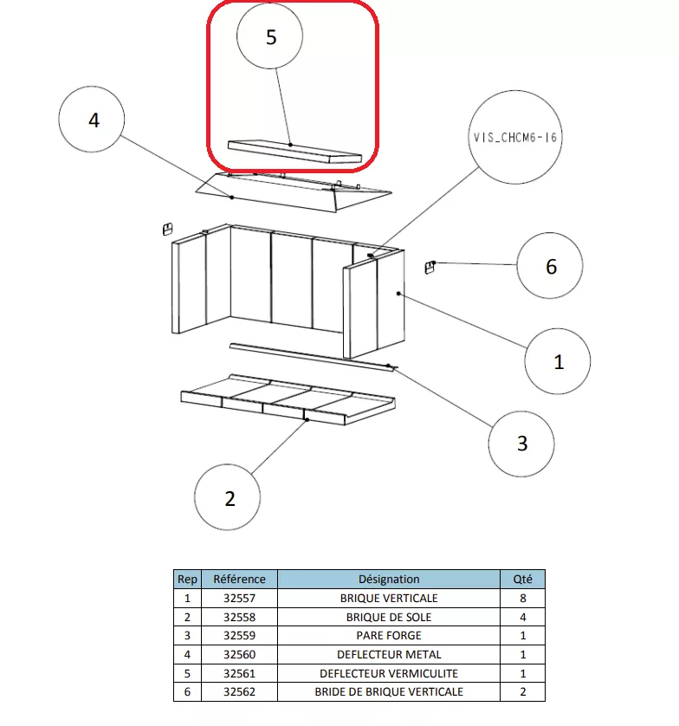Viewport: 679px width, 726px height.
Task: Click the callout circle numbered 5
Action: (270, 38)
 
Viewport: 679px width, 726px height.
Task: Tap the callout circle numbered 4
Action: (93, 120)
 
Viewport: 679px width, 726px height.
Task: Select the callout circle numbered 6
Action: (550, 267)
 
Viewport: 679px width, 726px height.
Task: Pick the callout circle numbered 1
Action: (558, 361)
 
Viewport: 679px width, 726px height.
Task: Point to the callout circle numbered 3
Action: (521, 444)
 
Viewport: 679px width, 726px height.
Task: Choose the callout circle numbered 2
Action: (229, 498)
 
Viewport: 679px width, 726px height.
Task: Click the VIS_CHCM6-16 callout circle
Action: (514, 137)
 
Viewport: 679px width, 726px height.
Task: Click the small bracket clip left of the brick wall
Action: (165, 229)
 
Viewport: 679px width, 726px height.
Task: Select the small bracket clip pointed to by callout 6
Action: (429, 267)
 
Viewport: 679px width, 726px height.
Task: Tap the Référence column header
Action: (239, 579)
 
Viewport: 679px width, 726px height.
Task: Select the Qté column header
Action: (523, 579)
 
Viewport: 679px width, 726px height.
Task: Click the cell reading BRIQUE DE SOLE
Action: (389, 617)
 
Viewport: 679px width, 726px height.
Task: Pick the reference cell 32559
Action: (239, 636)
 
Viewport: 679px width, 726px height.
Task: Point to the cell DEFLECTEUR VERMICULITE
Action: (389, 673)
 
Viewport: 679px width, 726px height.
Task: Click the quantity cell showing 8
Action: (523, 598)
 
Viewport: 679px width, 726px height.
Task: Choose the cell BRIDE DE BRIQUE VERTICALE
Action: (389, 692)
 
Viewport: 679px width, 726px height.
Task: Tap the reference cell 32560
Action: (239, 655)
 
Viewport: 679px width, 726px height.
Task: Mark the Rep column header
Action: (186, 579)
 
